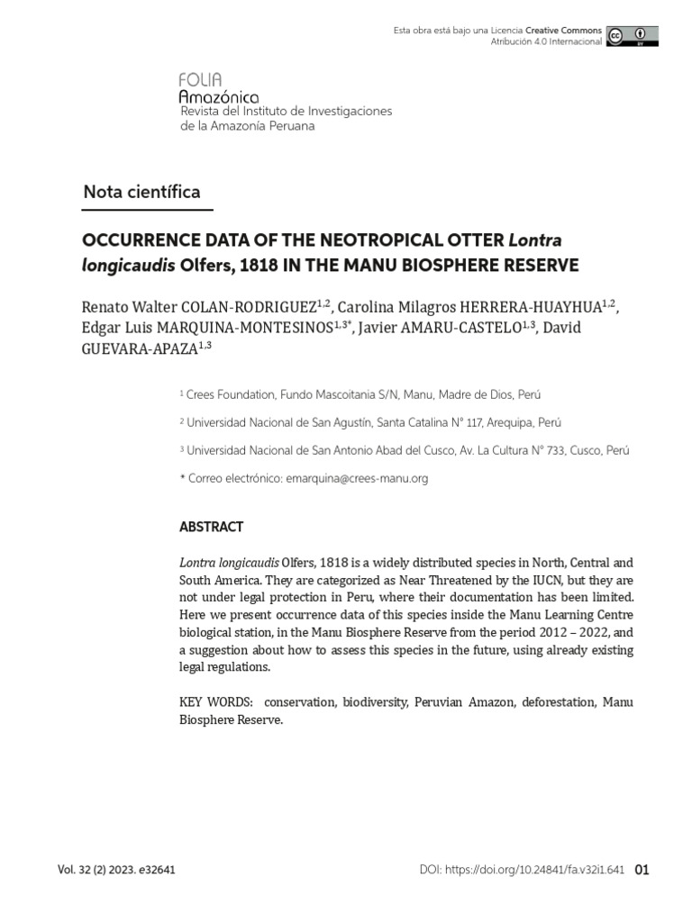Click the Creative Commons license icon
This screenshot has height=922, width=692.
pos(632,36)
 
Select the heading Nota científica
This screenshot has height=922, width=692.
pos(141,192)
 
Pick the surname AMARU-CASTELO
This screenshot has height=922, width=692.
pos(469,327)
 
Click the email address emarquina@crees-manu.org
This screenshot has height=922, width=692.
pos(356,479)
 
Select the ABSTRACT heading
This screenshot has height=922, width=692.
pos(212,527)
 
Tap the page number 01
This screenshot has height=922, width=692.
pos(642,870)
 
